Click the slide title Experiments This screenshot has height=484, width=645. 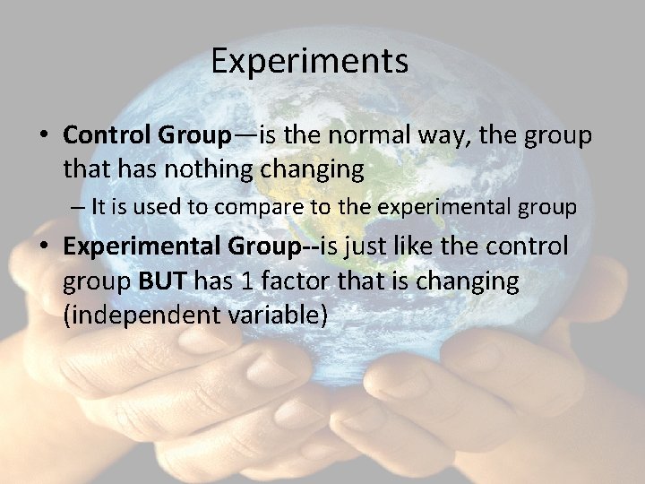click(x=310, y=62)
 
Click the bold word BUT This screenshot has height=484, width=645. click(x=163, y=281)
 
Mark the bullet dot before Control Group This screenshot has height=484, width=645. click(x=44, y=136)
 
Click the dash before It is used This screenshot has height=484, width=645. click(x=80, y=208)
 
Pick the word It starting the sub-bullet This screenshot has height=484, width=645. click(x=99, y=208)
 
